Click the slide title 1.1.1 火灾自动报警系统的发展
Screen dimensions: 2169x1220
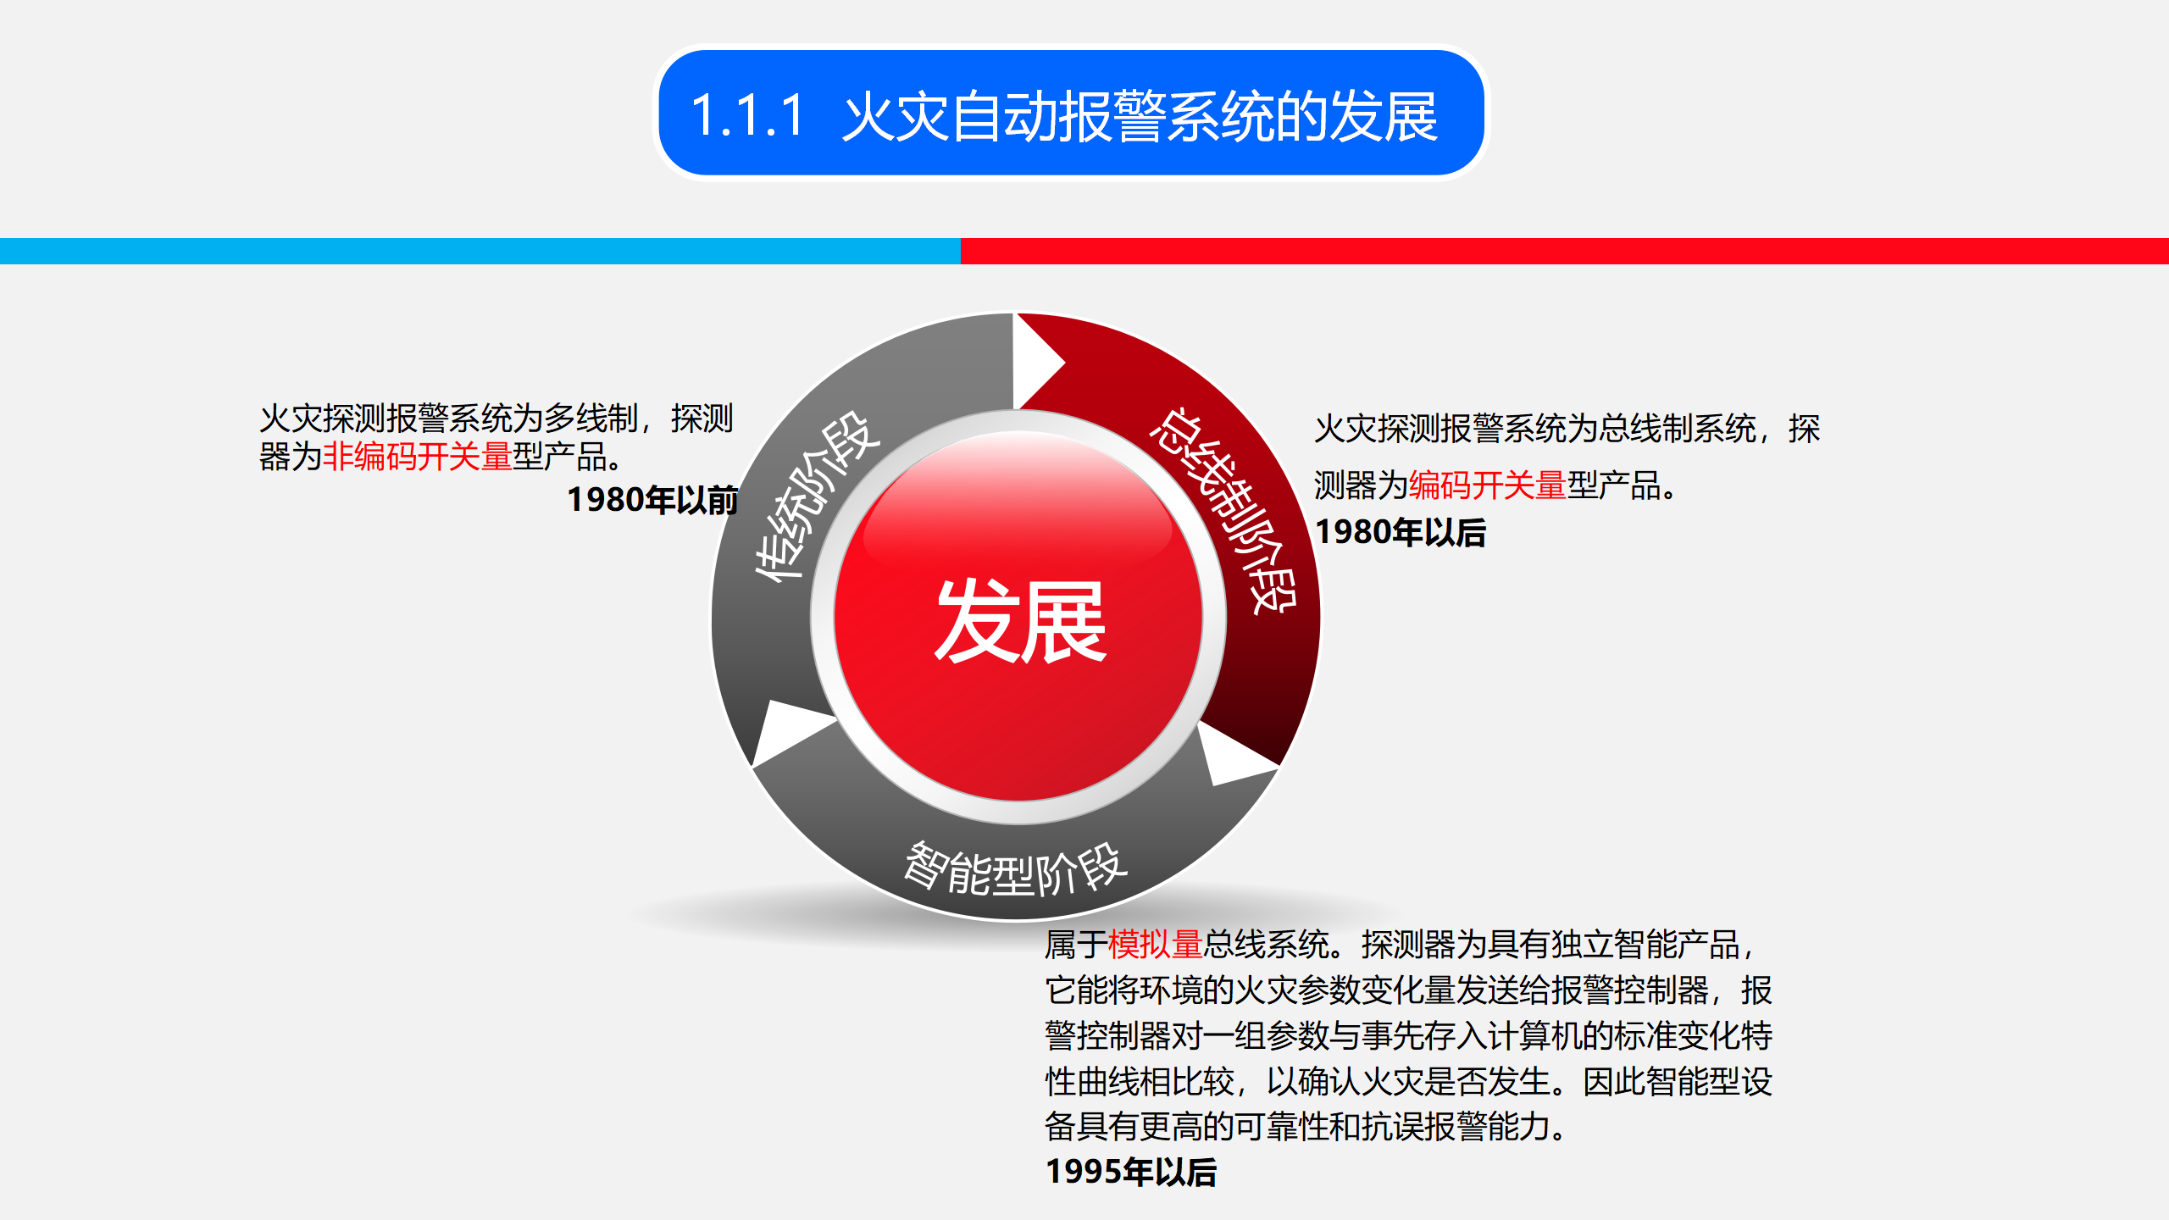(x=1064, y=116)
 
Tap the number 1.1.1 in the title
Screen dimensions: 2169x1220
(x=746, y=116)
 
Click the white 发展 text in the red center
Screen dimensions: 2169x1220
(x=1020, y=621)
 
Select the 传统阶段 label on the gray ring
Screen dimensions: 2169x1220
(x=817, y=496)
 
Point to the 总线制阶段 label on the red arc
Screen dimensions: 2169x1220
(x=1223, y=508)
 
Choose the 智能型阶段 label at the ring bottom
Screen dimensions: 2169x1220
(x=1016, y=869)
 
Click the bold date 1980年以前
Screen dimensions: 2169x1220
(x=652, y=500)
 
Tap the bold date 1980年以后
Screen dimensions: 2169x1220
(x=1401, y=533)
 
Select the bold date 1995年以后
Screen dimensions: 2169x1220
(x=1131, y=1173)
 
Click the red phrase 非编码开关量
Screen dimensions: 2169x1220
(x=417, y=457)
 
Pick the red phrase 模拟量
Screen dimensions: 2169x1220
(x=1155, y=945)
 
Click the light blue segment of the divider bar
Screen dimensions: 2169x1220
(x=480, y=251)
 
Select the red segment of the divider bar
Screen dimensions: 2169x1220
(x=1564, y=251)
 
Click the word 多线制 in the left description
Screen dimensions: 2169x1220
(x=591, y=419)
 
